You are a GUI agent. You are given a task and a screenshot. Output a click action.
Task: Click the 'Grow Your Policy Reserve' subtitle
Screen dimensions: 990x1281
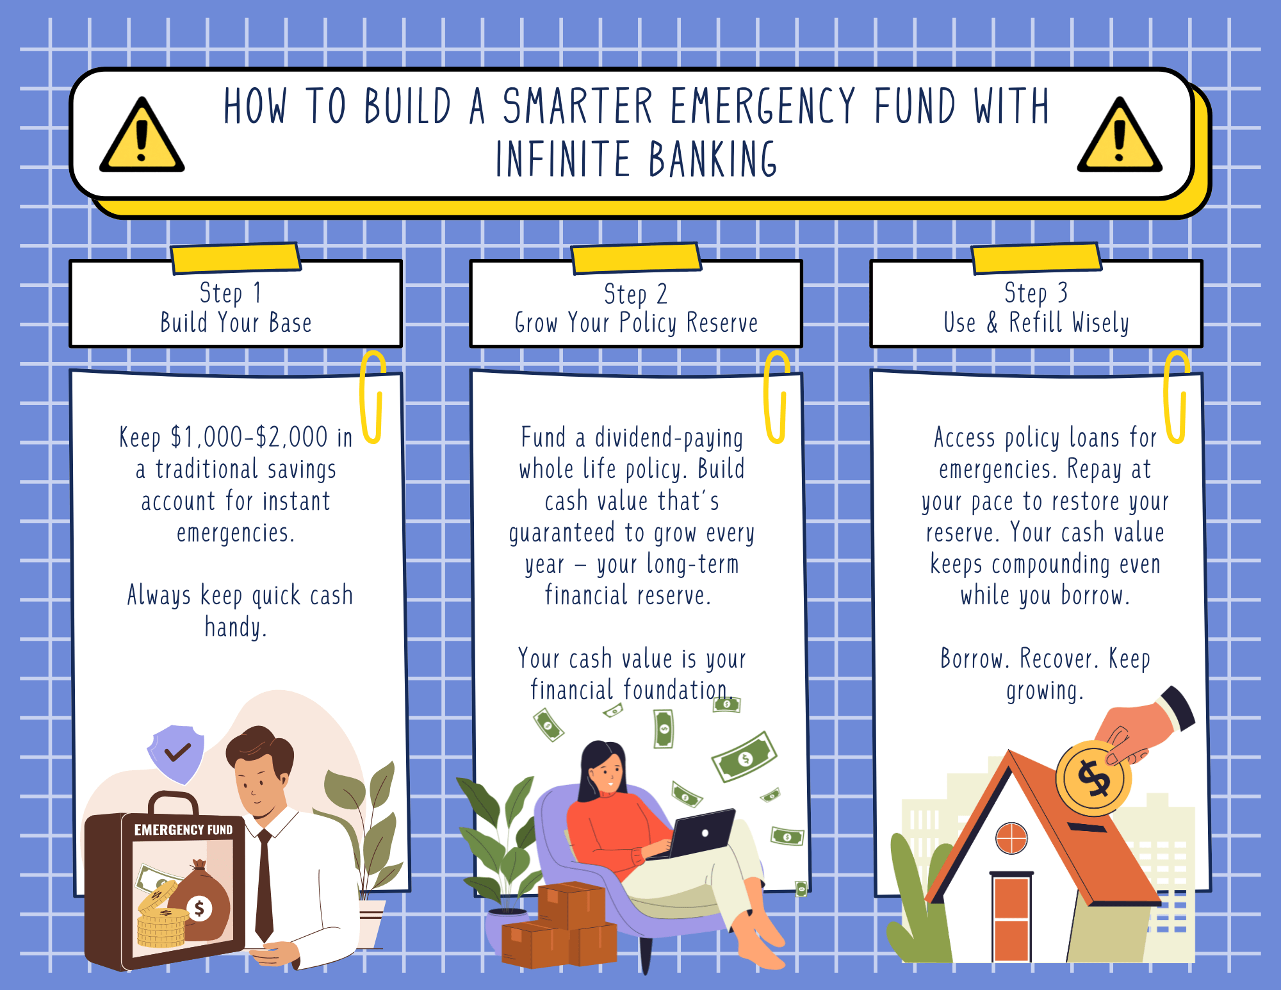coord(636,323)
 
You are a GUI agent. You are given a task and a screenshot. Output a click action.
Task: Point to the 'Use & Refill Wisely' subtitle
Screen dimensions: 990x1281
coord(1036,322)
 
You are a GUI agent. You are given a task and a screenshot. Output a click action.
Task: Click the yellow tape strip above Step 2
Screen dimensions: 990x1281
coord(636,258)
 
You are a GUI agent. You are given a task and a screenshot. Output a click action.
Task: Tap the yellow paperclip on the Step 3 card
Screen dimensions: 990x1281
coord(1176,397)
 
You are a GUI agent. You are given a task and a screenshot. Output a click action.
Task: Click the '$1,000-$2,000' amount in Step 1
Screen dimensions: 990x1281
coord(249,438)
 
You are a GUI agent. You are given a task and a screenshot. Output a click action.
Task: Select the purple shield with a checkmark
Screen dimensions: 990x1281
coord(176,753)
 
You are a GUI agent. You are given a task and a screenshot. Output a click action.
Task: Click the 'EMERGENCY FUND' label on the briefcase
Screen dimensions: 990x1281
coord(183,830)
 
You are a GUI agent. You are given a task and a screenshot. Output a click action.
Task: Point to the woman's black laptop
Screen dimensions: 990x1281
coord(701,833)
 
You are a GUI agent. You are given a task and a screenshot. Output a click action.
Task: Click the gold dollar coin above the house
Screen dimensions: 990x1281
coord(1093,778)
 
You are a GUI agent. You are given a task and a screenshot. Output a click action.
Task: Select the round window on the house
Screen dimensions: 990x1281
coord(1011,838)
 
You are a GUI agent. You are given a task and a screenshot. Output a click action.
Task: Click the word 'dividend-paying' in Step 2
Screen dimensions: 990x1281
coord(669,438)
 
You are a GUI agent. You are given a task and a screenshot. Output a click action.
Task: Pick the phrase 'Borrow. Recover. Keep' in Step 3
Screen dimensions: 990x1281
coord(1045,659)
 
